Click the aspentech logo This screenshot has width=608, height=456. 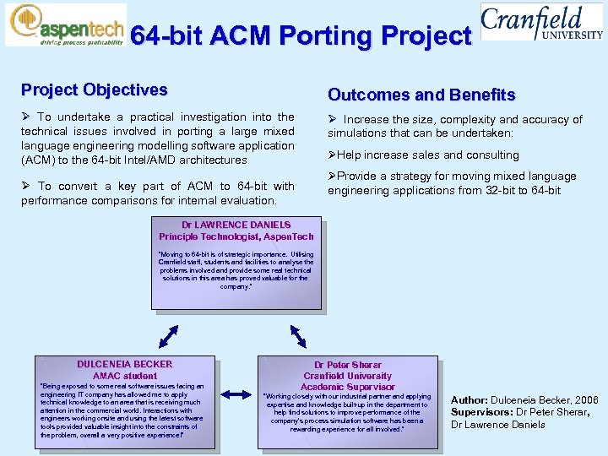(x=65, y=24)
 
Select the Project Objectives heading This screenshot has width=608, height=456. (x=94, y=90)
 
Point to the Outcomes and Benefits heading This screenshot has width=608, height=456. (x=421, y=95)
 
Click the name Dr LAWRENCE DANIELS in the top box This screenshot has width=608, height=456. (x=236, y=225)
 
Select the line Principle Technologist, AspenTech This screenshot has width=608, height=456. (x=236, y=236)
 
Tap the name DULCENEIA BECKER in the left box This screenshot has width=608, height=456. (x=124, y=364)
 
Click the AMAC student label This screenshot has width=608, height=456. (x=124, y=376)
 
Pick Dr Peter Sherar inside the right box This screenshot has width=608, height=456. (x=347, y=365)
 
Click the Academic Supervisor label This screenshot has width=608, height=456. (x=347, y=387)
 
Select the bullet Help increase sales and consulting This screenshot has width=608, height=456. (x=427, y=155)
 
